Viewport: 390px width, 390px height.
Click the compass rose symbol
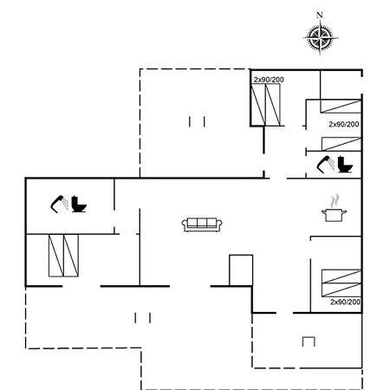click(x=320, y=38)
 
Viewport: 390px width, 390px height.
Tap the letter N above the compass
click(x=319, y=15)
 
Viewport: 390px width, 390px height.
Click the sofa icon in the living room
click(x=202, y=224)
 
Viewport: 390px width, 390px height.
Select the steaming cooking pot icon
click(x=335, y=209)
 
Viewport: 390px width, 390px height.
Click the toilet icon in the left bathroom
click(x=79, y=204)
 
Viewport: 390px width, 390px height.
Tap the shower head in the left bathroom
click(x=59, y=204)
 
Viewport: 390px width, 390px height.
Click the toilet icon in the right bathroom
click(x=345, y=165)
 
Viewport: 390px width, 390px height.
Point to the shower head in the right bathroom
click(x=326, y=165)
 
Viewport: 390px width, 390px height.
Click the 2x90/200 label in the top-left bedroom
click(x=269, y=80)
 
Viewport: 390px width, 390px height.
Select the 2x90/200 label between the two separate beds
click(x=344, y=124)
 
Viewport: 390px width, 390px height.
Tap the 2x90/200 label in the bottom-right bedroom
click(x=345, y=302)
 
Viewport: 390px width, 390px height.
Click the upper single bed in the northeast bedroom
click(x=341, y=106)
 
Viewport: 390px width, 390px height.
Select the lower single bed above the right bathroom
click(x=341, y=144)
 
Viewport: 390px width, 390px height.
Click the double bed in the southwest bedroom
click(x=63, y=256)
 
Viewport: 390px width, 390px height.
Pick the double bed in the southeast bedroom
click(x=341, y=283)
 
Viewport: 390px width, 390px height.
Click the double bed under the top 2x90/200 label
click(x=265, y=105)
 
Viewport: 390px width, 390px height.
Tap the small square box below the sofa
click(x=241, y=270)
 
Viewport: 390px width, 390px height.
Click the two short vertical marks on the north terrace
click(x=197, y=121)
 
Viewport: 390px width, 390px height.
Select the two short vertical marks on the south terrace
click(x=142, y=318)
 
